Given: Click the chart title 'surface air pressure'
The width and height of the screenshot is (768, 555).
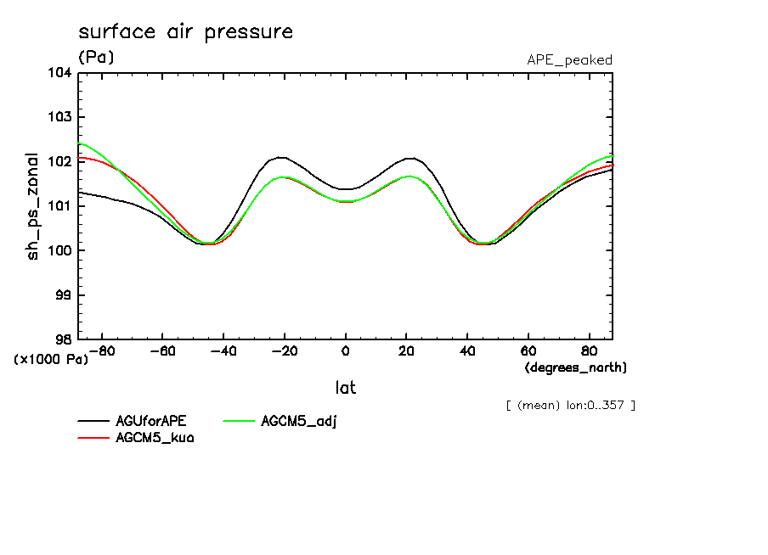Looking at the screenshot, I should pos(185,32).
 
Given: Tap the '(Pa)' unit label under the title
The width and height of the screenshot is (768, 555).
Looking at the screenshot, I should pos(96,58).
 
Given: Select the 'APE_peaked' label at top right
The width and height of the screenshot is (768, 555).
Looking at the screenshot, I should pos(569,59).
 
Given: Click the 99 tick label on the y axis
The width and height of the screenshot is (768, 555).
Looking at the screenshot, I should pos(62,294).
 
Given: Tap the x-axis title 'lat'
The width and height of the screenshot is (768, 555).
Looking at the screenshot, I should pos(345,388).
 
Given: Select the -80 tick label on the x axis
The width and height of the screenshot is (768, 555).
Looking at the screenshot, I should pos(101,350).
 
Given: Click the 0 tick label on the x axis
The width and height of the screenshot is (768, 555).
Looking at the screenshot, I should pos(345,350).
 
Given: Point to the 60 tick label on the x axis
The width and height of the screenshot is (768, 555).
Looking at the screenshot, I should pos(528,350).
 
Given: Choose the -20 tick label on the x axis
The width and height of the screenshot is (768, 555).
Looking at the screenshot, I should pos(284,350).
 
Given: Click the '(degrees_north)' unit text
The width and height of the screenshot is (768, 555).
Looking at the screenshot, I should pos(576,367).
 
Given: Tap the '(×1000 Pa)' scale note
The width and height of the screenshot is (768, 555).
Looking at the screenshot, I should pos(51,359).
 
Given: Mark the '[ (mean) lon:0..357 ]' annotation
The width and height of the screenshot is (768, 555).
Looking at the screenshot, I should pos(569,405).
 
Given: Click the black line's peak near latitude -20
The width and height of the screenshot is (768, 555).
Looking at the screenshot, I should pos(281,157).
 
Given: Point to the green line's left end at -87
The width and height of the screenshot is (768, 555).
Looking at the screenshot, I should pos(79,143).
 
